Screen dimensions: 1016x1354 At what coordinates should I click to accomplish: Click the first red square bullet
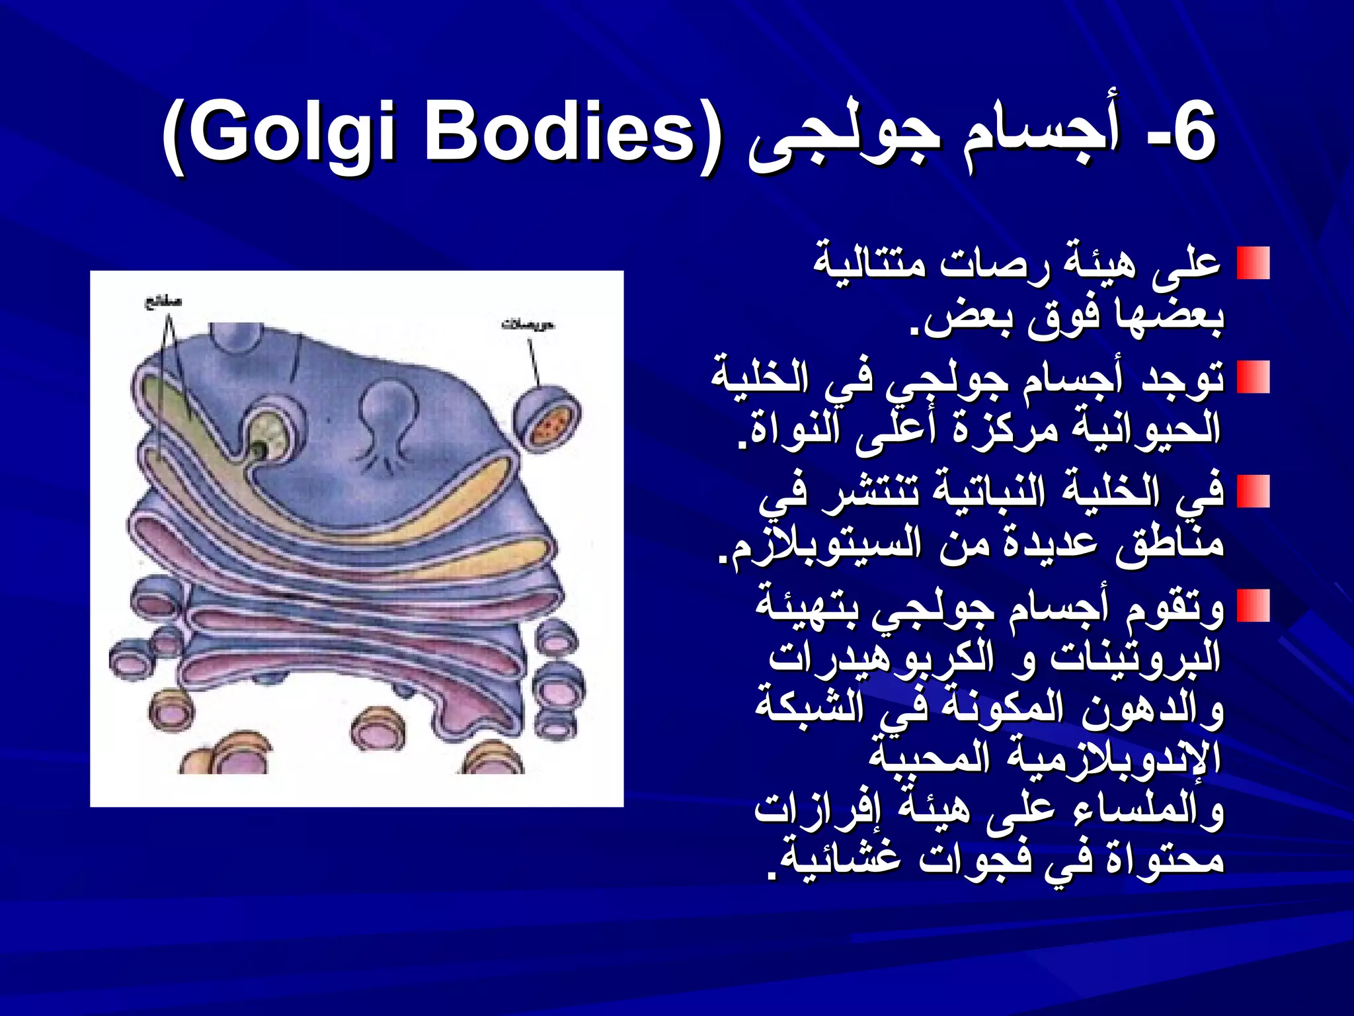[1253, 263]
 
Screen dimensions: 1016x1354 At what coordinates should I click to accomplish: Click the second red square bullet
[1253, 377]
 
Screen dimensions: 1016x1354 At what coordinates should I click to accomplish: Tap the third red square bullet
[1253, 491]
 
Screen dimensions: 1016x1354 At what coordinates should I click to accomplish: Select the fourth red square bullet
[1253, 605]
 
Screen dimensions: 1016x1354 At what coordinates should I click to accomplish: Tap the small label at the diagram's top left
[163, 302]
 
